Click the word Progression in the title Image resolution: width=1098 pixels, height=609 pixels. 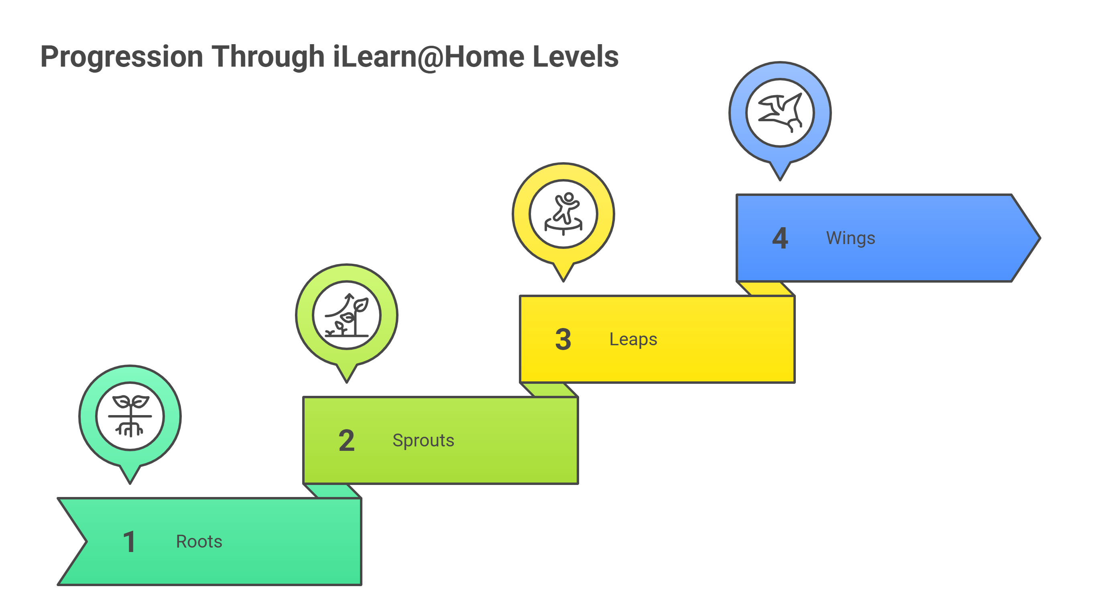tap(122, 57)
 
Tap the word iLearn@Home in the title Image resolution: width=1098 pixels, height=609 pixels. tap(428, 57)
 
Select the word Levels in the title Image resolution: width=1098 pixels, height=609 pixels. tap(575, 57)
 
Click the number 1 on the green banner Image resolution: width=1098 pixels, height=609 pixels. tap(129, 542)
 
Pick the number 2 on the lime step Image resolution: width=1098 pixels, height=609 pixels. tap(346, 440)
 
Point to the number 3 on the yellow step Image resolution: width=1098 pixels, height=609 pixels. tap(563, 340)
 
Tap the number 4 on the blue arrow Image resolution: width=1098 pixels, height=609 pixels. tap(780, 238)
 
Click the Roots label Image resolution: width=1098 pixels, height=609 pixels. tap(199, 542)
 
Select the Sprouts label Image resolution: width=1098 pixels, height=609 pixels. tap(423, 440)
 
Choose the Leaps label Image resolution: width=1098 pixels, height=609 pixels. tap(633, 340)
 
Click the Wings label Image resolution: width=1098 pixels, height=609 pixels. tap(850, 238)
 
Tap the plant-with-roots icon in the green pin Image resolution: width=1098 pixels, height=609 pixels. tap(130, 416)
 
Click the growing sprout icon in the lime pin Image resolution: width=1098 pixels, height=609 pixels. tap(346, 315)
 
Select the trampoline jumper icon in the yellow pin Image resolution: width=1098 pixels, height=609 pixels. tap(563, 214)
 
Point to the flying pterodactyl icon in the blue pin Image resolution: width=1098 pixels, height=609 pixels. tap(780, 112)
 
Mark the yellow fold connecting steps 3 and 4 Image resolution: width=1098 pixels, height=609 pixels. tap(766, 289)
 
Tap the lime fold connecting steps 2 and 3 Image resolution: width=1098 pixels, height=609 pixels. tap(549, 390)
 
